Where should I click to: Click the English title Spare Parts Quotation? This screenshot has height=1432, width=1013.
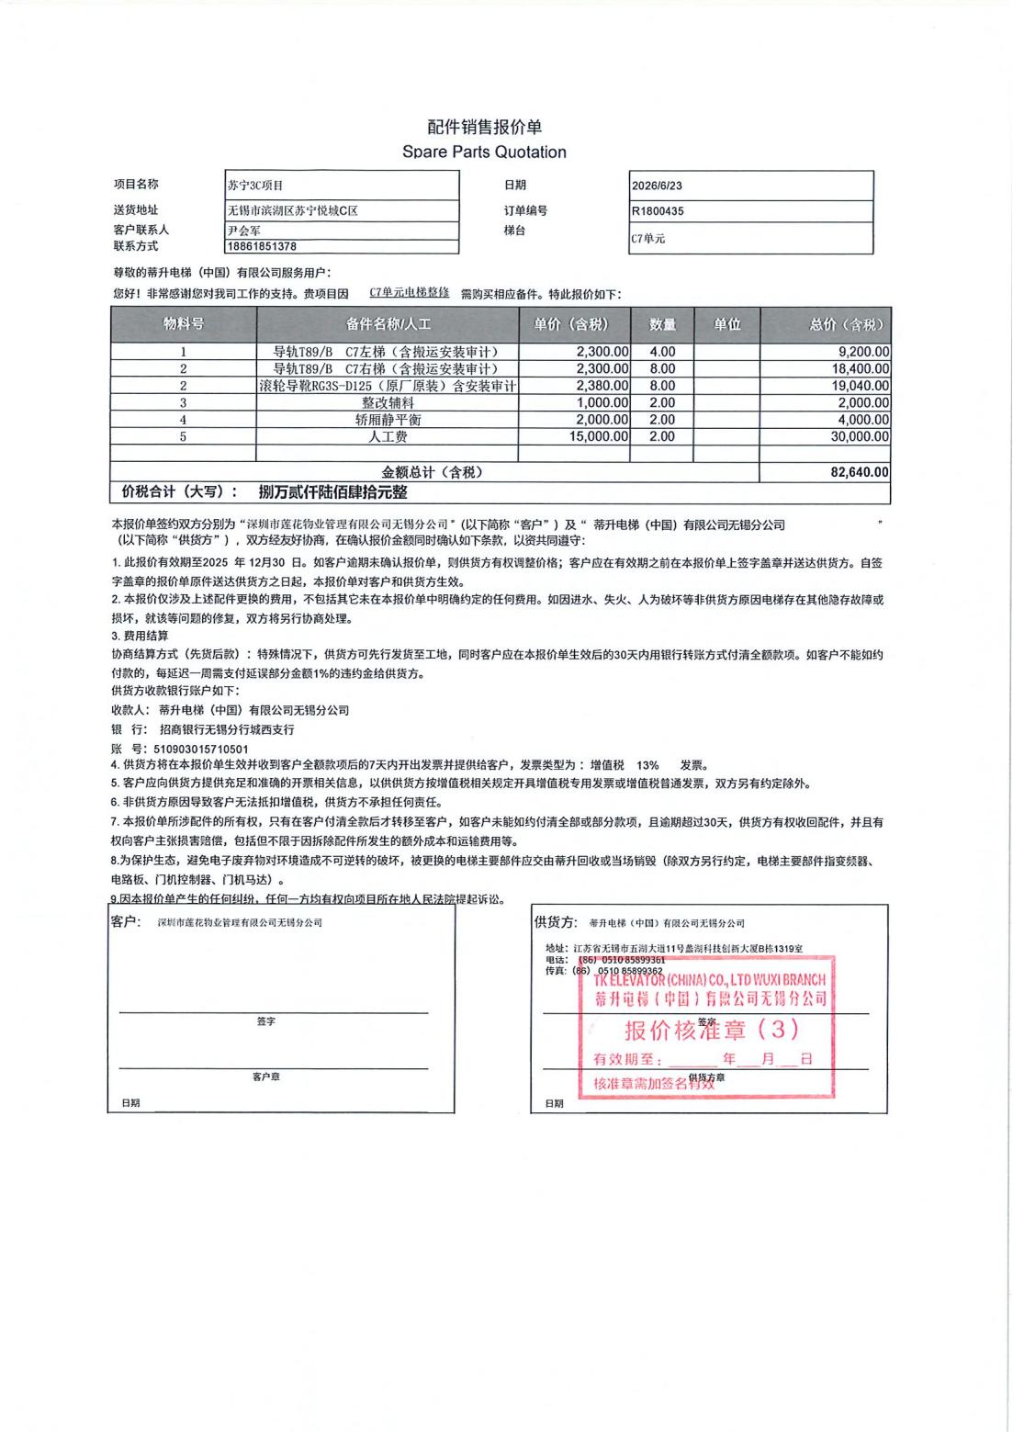coord(484,152)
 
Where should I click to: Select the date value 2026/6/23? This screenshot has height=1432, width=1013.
coord(657,186)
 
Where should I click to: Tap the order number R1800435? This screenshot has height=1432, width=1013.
coord(658,211)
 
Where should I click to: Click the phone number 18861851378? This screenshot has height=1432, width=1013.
coord(263,247)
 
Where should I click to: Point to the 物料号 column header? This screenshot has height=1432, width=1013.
coord(184,324)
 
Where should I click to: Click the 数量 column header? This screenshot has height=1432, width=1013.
coord(662,324)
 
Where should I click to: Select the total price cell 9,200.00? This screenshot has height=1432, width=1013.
coord(863,352)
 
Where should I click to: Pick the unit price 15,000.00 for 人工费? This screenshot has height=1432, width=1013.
coord(599,437)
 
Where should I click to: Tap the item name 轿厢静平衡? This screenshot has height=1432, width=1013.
coord(388,420)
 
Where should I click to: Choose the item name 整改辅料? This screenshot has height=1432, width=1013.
coord(388,403)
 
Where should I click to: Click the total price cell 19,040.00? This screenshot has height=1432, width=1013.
coord(861,386)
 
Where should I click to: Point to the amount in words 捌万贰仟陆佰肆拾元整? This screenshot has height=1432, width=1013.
coord(332,492)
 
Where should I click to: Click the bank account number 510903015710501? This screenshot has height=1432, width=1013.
coord(201,749)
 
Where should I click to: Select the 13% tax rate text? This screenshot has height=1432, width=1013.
coord(647,765)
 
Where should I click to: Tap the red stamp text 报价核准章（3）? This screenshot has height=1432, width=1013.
coord(712,1030)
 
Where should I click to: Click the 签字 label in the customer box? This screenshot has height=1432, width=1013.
coord(266,1021)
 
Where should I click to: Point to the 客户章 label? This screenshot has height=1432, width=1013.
coord(266,1077)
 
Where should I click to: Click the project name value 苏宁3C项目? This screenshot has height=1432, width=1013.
coord(256,186)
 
